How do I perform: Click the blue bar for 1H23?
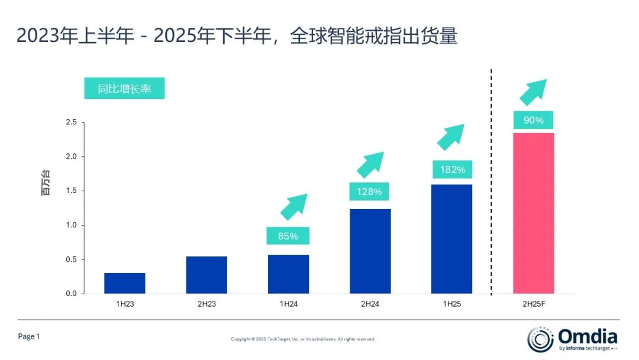[125, 283]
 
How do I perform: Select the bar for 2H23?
[206, 275]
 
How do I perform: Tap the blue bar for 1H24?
[288, 274]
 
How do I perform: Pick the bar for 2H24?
[370, 251]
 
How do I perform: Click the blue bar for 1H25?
[452, 239]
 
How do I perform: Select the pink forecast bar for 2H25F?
[533, 213]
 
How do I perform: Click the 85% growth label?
[288, 236]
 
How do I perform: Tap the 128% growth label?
[370, 192]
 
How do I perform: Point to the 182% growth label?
[452, 170]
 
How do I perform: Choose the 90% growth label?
[533, 120]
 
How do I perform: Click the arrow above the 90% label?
[532, 92]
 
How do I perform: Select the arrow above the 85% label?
[293, 207]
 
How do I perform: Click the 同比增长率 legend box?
[124, 89]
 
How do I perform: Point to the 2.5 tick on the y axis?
[71, 123]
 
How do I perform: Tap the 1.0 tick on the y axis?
[71, 226]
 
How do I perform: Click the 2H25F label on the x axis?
[533, 304]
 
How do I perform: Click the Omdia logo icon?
[540, 339]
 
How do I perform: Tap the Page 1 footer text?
[29, 336]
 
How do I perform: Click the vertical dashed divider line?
[491, 178]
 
